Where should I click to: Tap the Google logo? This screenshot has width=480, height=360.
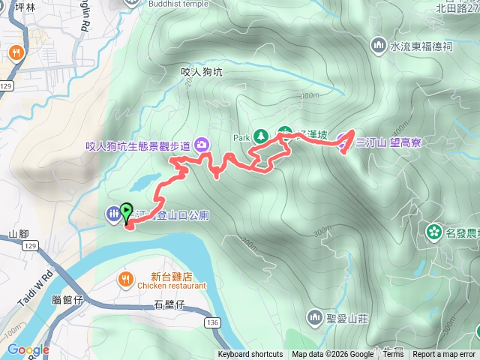coord(28,349)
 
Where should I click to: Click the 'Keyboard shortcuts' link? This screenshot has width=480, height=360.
coord(250,355)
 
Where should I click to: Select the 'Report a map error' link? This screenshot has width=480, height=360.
coord(444,355)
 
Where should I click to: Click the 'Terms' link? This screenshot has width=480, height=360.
coord(393,355)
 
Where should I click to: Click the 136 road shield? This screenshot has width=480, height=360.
coord(211,321)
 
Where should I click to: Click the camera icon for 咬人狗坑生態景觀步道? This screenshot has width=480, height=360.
coord(202,144)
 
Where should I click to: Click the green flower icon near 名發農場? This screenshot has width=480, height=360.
coord(433,230)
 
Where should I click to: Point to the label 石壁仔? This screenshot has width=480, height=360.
coord(168,304)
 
